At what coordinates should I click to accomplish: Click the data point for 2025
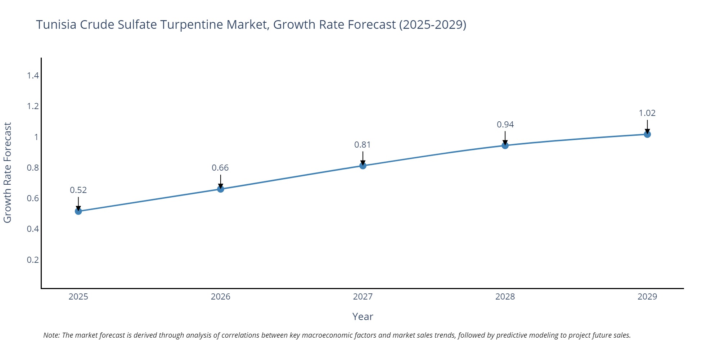[x=78, y=211]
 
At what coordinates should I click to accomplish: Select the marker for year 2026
[x=221, y=189]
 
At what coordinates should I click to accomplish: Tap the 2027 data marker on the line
[x=363, y=166]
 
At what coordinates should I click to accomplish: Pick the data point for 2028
[x=505, y=145]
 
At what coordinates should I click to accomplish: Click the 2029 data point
[x=647, y=134]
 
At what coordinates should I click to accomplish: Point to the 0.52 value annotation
[x=78, y=190]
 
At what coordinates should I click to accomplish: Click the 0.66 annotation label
[x=220, y=168]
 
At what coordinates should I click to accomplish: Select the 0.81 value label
[x=363, y=145]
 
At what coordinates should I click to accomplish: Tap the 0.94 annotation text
[x=505, y=125]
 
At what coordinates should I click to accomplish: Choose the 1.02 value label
[x=647, y=113]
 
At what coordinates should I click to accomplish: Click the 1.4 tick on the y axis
[x=33, y=76]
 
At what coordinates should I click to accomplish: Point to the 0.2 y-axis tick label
[x=33, y=260]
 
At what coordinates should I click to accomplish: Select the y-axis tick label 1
[x=36, y=137]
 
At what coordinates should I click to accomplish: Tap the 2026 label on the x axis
[x=220, y=297]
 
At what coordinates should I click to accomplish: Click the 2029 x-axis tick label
[x=647, y=297]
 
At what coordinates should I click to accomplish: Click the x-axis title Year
[x=363, y=316]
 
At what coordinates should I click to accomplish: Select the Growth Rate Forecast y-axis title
[x=8, y=173]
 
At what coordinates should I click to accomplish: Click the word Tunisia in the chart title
[x=56, y=25]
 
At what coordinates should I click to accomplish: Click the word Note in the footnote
[x=51, y=335]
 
